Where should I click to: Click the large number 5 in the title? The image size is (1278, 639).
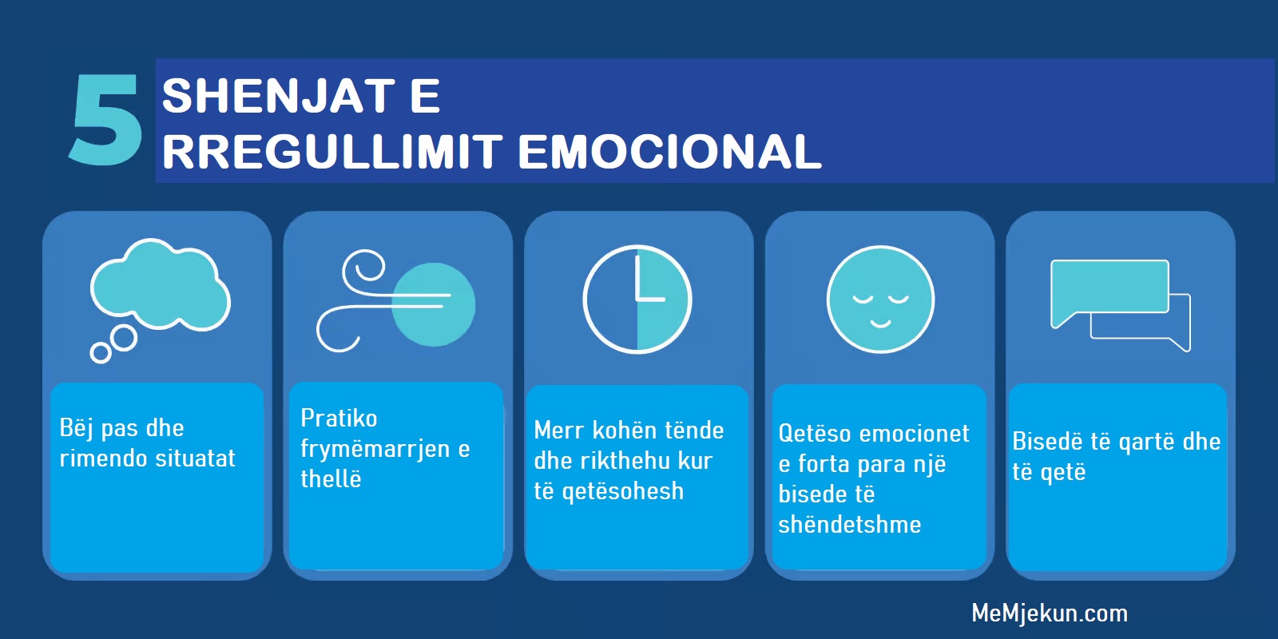click(x=105, y=120)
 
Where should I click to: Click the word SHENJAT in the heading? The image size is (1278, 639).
click(x=279, y=96)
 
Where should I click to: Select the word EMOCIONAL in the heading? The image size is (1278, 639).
click(x=670, y=152)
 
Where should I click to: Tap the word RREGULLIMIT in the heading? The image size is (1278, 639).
click(x=332, y=152)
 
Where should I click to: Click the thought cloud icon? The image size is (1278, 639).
click(x=160, y=285)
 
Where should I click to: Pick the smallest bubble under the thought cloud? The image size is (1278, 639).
click(x=101, y=353)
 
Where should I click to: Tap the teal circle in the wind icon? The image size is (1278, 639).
click(x=434, y=304)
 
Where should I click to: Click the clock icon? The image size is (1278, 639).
click(x=637, y=300)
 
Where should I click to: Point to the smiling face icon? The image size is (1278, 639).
click(x=880, y=300)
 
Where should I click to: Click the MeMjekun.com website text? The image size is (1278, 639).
click(x=1050, y=613)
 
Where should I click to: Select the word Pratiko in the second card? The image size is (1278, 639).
click(x=339, y=419)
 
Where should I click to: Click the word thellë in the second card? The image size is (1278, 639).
click(x=331, y=478)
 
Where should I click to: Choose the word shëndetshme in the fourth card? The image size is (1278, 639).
click(x=850, y=524)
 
